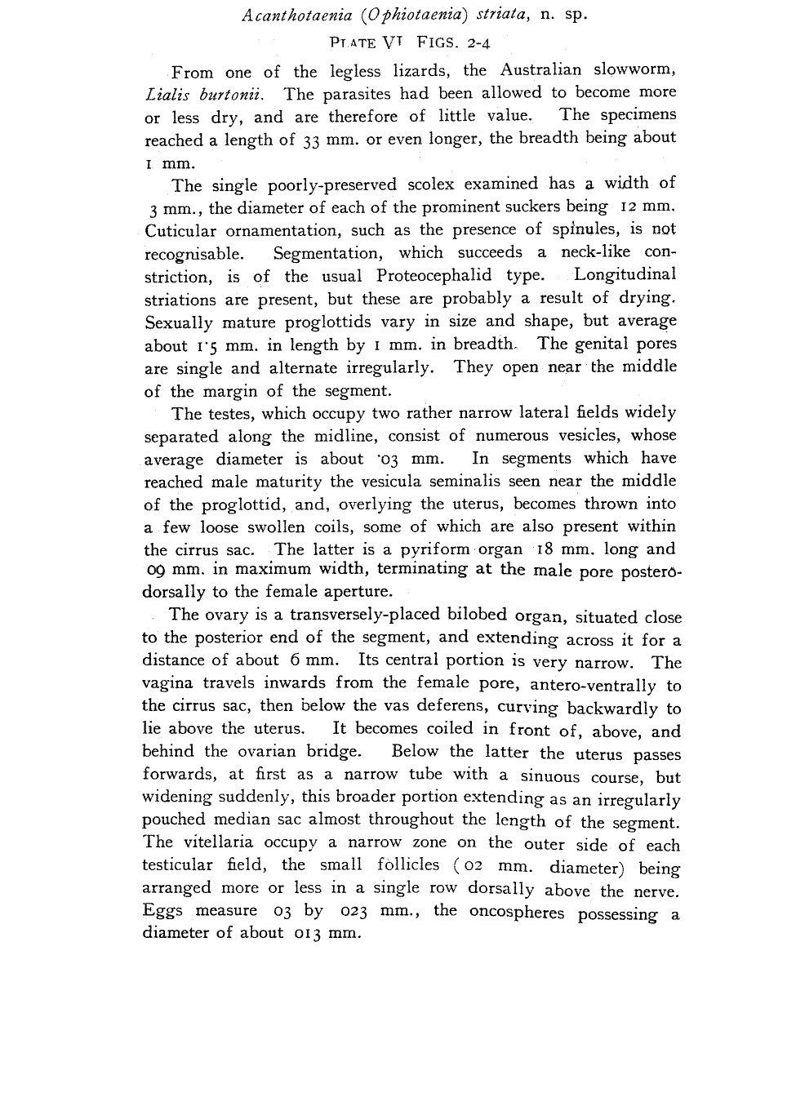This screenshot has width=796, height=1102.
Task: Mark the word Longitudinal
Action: pyautogui.click(x=625, y=276)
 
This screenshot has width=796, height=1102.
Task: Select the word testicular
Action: pyautogui.click(x=176, y=865)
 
